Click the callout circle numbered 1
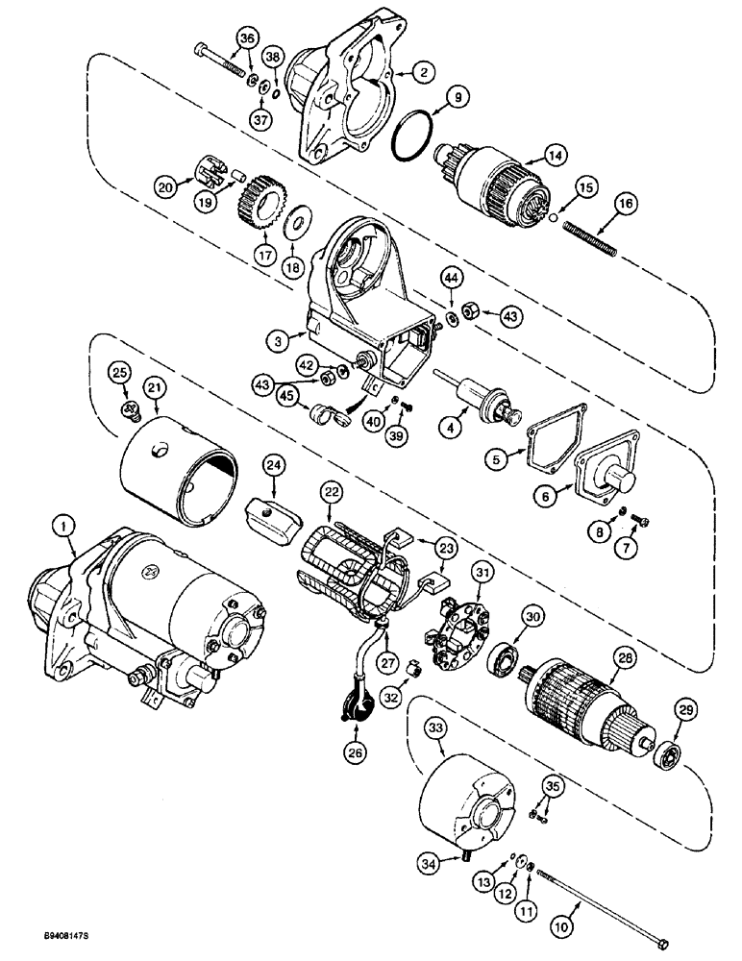point(63,526)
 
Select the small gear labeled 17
point(257,199)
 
